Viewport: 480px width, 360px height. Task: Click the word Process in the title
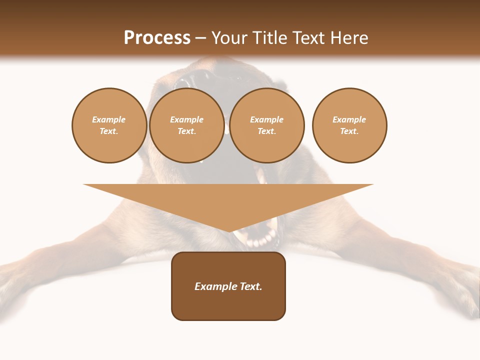(x=157, y=38)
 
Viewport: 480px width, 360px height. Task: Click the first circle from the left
(x=109, y=125)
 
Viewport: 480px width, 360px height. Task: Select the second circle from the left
(x=186, y=125)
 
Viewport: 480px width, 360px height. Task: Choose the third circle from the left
(x=266, y=125)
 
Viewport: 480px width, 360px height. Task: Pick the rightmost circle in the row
(x=349, y=125)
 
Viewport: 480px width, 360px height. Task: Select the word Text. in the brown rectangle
(x=251, y=286)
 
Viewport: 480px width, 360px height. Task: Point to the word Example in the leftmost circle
(x=109, y=120)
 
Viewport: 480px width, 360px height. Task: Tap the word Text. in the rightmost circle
(x=349, y=131)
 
